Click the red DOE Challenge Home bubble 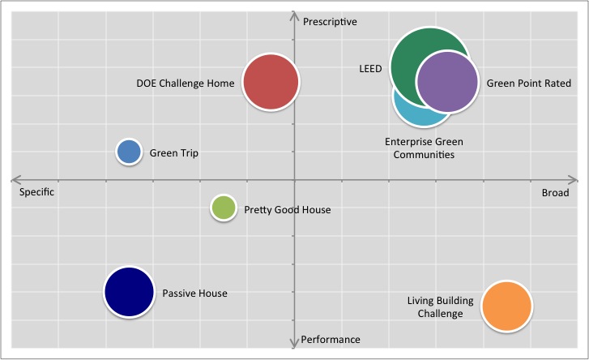coord(271,81)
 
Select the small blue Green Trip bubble coord(129,152)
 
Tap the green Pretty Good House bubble coord(223,208)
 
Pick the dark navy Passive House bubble coord(129,293)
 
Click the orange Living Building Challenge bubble coord(506,306)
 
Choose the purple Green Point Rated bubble coord(447,82)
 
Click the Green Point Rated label coord(528,84)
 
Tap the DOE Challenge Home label coord(185,83)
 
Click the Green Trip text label coord(173,153)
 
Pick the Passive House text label coord(194,294)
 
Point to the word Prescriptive coord(330,21)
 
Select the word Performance coord(330,340)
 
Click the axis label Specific coord(36,193)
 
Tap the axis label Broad coord(555,193)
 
